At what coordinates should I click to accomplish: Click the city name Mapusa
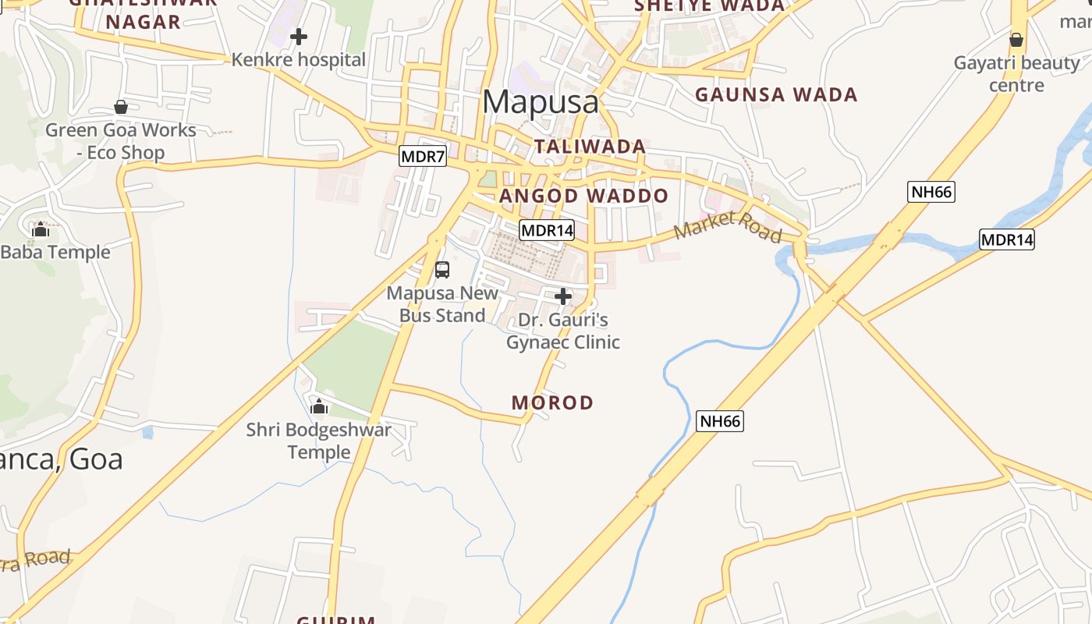(541, 102)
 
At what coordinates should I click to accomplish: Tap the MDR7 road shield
(422, 156)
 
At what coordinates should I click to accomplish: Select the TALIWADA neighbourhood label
(590, 147)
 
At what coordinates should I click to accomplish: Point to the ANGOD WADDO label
(583, 196)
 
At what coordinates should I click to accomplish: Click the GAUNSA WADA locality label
(776, 95)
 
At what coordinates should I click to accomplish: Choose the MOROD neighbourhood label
(552, 403)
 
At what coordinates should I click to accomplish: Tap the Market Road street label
(727, 226)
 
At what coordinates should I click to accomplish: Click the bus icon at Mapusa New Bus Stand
(442, 270)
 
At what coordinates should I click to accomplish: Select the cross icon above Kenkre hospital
(298, 37)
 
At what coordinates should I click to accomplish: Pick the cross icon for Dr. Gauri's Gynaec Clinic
(562, 296)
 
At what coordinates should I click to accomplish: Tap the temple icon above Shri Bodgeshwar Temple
(318, 406)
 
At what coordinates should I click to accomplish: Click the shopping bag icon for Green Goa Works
(121, 107)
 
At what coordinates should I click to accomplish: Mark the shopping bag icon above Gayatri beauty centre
(1016, 40)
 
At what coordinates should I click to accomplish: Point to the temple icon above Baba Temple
(41, 229)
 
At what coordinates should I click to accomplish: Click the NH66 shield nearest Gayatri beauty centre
(931, 191)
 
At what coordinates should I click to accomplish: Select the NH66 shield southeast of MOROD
(719, 421)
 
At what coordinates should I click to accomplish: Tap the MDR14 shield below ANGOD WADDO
(547, 230)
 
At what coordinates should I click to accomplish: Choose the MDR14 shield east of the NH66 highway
(1006, 239)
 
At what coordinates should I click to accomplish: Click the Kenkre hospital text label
(299, 60)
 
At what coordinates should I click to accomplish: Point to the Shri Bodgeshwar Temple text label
(319, 441)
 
